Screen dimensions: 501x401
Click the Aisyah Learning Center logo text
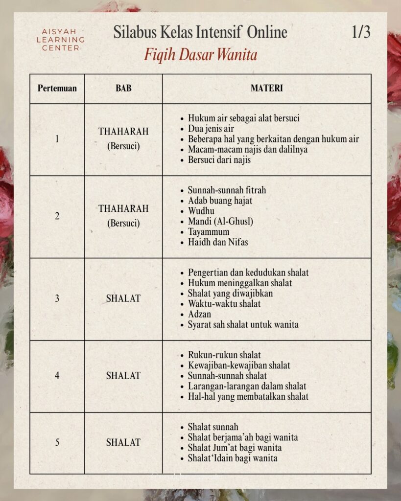coord(63,40)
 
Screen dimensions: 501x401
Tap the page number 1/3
coord(361,32)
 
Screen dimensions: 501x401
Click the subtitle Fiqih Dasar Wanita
coord(200,54)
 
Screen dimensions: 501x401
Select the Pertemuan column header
coord(57,89)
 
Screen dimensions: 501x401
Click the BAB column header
coord(123,89)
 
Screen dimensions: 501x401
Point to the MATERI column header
coord(266,89)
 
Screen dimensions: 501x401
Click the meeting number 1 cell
coord(57,139)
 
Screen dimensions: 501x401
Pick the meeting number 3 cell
coord(57,298)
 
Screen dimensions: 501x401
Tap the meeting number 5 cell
coord(57,442)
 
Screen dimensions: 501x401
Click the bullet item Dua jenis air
coord(211,129)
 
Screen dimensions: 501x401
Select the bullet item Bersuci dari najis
coord(219,159)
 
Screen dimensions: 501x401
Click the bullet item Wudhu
coord(201,211)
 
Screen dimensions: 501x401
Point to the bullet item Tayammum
coord(209,231)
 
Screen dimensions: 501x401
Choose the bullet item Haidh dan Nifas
coord(218,242)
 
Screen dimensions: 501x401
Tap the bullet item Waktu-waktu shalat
coord(224,303)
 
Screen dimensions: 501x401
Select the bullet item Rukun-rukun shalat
coord(224,355)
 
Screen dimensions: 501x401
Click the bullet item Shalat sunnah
coord(213,427)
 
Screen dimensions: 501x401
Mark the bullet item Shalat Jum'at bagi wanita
coord(235,448)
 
